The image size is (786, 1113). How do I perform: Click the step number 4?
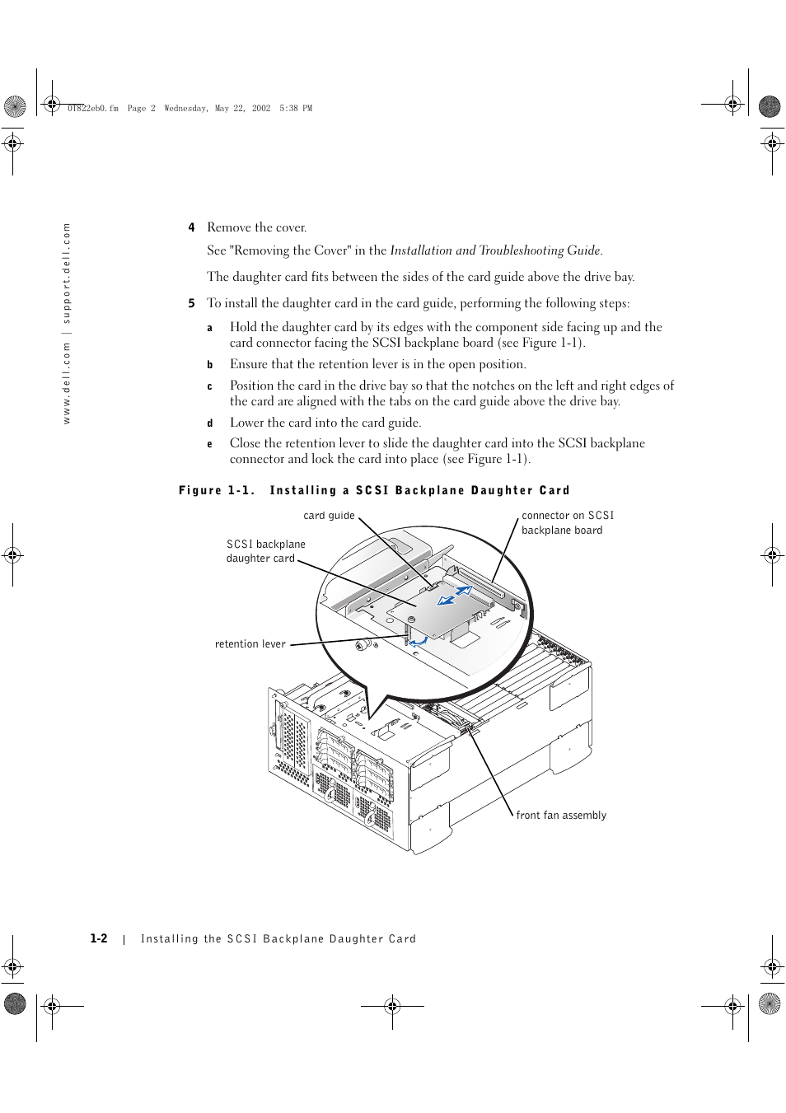pos(191,227)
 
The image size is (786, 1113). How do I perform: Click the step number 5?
pos(191,303)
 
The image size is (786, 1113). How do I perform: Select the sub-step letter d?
pos(209,423)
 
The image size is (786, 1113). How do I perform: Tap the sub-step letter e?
pos(209,444)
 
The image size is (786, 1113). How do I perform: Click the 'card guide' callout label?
pos(329,516)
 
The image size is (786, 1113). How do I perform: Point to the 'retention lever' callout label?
pos(250,644)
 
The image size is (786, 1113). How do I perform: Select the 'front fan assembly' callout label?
pos(561,816)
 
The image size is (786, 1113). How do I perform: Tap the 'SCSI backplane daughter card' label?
pos(264,551)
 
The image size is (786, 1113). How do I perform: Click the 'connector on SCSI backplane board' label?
pos(567,522)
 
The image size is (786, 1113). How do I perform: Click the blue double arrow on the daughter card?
pos(455,596)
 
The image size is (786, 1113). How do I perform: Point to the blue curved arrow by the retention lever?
pos(419,639)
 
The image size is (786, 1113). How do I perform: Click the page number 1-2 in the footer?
pos(99,938)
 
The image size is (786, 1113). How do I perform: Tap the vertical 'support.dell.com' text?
pos(67,274)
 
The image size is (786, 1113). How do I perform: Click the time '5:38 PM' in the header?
pos(296,108)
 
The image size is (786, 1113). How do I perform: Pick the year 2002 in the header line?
pos(261,108)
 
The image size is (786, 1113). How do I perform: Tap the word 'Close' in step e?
pos(246,443)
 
